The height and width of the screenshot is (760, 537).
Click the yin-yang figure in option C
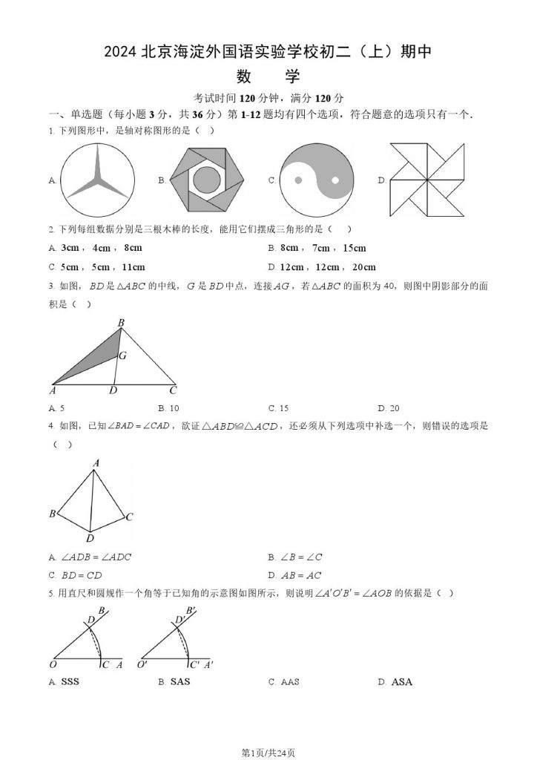(315, 180)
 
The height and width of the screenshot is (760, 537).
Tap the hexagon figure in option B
(205, 180)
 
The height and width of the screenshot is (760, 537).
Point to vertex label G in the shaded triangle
(123, 356)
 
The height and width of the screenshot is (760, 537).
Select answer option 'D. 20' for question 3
(389, 408)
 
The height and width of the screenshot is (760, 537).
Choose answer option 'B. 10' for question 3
(169, 408)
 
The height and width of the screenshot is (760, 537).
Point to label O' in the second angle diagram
(142, 665)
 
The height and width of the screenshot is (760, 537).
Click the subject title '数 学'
(268, 76)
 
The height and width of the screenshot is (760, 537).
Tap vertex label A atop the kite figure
(96, 463)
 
